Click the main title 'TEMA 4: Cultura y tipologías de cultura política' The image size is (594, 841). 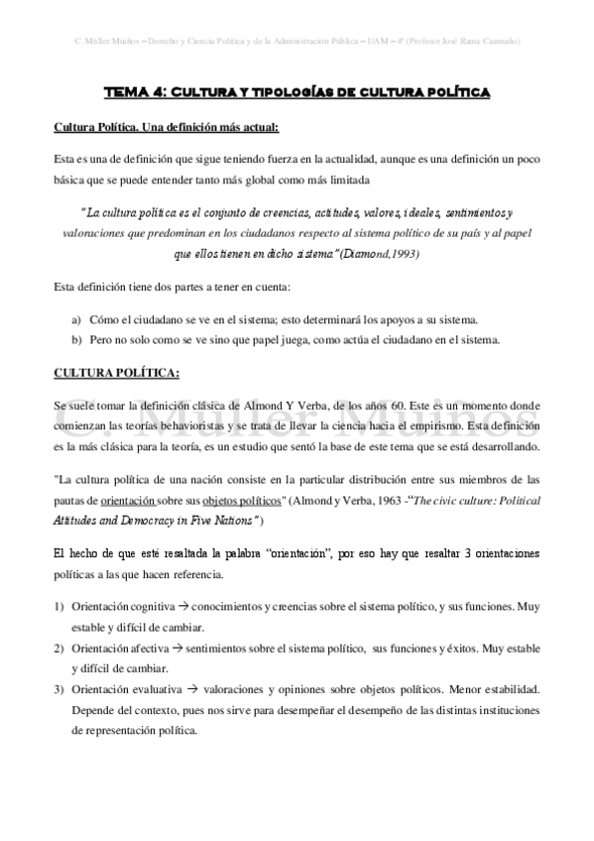click(x=297, y=94)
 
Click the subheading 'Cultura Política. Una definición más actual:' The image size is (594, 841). click(x=166, y=127)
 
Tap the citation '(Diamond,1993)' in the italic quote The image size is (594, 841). click(x=380, y=254)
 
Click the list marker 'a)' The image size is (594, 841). click(x=76, y=319)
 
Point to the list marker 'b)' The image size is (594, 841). click(x=76, y=340)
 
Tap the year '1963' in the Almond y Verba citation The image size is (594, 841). click(x=383, y=502)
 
